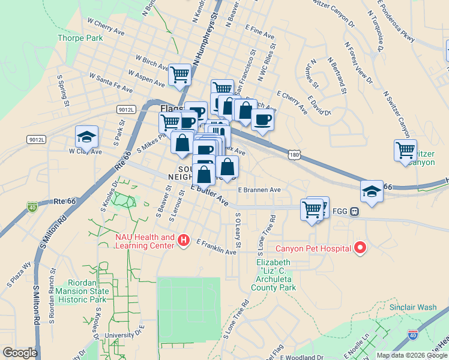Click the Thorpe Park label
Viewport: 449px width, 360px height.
(80, 38)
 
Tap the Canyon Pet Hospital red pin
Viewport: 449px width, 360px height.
(360, 247)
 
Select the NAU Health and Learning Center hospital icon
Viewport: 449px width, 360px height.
(184, 241)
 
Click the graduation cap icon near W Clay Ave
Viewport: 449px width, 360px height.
(86, 137)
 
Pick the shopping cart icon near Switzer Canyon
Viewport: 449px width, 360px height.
(406, 149)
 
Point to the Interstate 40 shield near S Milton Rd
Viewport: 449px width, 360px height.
(32, 208)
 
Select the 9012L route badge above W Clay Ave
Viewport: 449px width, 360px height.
(35, 139)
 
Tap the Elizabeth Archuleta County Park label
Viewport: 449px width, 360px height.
(276, 275)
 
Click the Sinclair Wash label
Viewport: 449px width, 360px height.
(413, 307)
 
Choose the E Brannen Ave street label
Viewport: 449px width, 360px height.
(259, 190)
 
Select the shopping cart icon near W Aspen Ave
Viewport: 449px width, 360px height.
(179, 75)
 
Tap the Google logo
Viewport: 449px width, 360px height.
(20, 353)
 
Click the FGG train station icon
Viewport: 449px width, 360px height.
(355, 211)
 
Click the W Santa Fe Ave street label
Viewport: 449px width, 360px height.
(110, 83)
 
